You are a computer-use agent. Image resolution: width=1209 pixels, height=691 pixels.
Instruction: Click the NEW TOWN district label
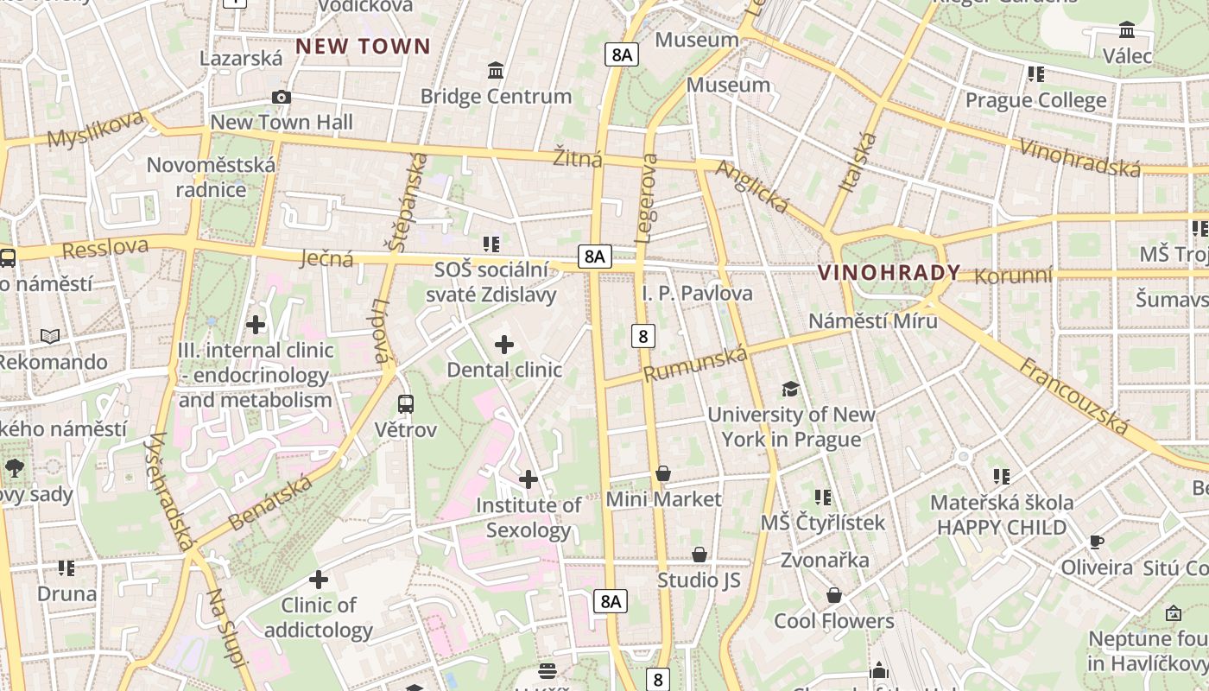point(363,47)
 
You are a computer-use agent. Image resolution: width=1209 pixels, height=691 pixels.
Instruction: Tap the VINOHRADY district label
point(889,273)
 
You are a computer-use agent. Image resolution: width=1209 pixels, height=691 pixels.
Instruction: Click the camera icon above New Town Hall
point(281,98)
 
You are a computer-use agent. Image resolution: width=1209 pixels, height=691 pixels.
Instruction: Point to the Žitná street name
point(578,158)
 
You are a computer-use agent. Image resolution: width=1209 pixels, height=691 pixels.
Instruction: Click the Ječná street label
point(327,257)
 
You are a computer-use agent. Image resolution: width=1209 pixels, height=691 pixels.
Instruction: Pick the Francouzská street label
point(1074,396)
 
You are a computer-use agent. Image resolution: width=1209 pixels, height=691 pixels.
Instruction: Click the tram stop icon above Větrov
point(405,403)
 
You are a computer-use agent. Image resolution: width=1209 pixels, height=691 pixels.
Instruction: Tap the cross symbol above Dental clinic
point(504,345)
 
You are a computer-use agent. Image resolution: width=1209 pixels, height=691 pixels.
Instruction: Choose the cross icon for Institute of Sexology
point(529,479)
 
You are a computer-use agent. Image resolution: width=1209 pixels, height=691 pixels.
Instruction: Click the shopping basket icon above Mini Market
point(663,473)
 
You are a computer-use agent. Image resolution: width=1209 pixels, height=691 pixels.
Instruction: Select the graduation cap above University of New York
point(790,390)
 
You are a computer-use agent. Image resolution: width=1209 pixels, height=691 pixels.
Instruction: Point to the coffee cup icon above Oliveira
point(1096,542)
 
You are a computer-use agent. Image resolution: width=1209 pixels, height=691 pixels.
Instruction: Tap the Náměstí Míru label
point(872,321)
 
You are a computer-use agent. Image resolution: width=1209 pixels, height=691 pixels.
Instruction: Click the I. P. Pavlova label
point(697,294)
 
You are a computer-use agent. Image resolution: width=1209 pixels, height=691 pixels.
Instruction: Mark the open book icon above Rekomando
point(51,336)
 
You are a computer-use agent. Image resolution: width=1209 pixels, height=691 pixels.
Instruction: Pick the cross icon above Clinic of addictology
point(319,580)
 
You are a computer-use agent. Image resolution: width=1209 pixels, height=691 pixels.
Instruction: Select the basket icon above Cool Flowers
point(833,595)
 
